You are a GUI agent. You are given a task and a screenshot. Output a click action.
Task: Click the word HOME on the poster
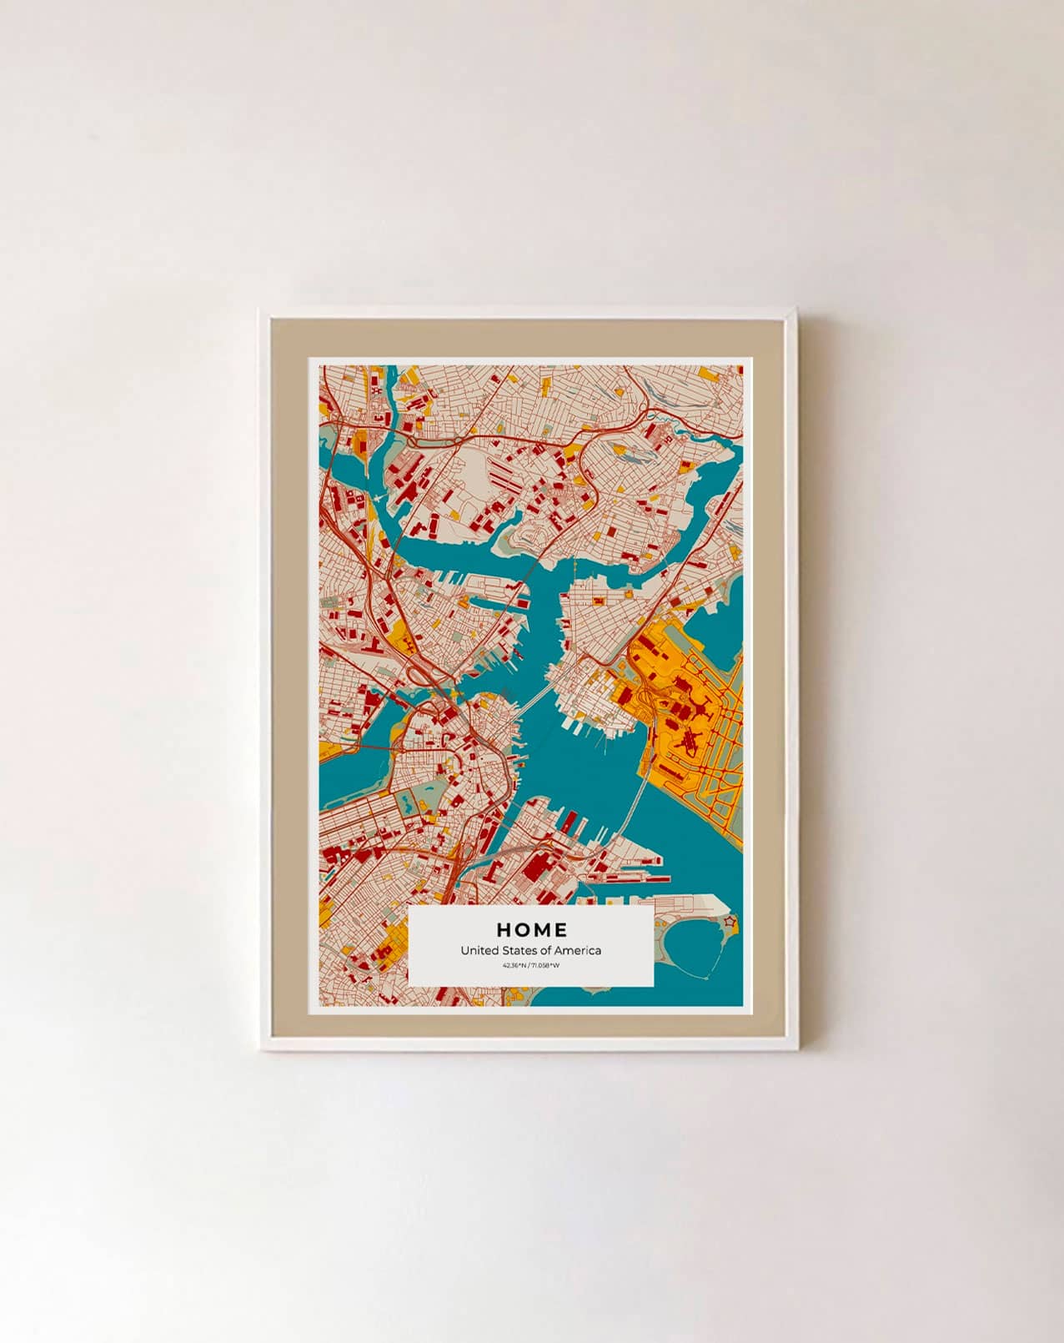[x=531, y=929]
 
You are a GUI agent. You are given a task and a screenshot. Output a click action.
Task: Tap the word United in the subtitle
[x=478, y=950]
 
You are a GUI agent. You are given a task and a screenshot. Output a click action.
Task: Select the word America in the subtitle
[x=579, y=950]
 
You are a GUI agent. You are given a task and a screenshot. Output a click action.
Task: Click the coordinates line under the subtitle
[x=531, y=965]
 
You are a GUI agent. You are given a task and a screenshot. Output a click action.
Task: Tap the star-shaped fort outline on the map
[x=730, y=922]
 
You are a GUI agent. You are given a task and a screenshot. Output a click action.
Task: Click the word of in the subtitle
[x=545, y=950]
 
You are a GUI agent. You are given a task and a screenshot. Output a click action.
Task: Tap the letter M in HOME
[x=541, y=929]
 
